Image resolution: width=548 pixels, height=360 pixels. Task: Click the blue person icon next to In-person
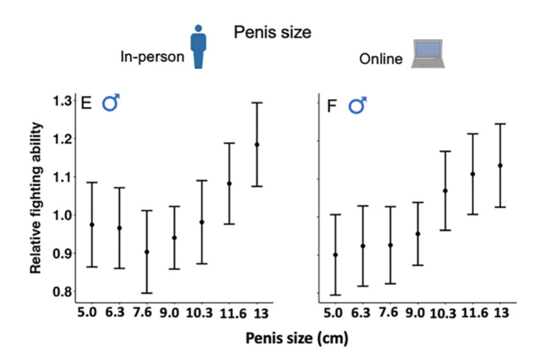[x=198, y=46]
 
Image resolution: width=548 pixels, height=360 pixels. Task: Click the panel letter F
[x=331, y=104]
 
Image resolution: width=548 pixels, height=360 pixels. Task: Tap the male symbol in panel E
[x=111, y=102]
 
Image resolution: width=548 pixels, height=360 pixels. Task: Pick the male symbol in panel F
[x=358, y=103]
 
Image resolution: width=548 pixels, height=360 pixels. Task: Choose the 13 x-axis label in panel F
[x=499, y=312]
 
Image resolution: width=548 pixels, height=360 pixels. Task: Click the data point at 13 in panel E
[x=257, y=145]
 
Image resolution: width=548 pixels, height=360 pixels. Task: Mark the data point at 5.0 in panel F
[x=335, y=255]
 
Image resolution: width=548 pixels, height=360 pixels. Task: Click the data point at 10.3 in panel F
[x=445, y=191]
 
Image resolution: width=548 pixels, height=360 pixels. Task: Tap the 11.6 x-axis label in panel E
[x=229, y=312]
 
